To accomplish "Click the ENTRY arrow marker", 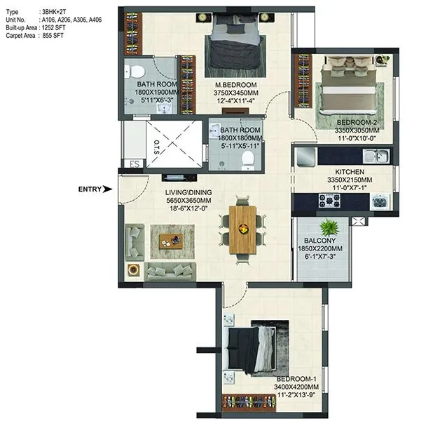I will coord(106,189).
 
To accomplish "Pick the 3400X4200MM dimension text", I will coord(298,387).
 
